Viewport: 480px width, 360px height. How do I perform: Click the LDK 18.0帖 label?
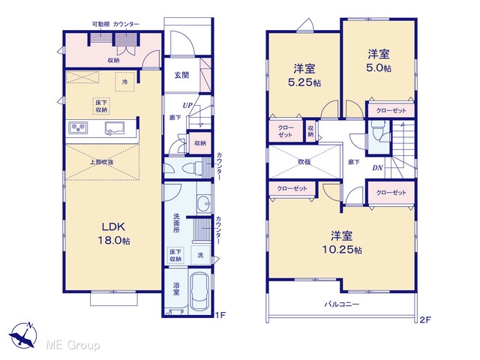point(113,233)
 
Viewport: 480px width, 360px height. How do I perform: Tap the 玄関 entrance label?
point(181,75)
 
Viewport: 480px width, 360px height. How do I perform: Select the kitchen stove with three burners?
point(78,127)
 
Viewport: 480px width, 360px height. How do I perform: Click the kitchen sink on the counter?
point(114,128)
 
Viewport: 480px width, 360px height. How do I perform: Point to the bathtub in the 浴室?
point(199,291)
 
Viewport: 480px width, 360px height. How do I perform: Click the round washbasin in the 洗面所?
point(203,203)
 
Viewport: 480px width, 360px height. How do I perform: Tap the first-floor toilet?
point(192,168)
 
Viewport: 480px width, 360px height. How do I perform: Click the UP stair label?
point(187,106)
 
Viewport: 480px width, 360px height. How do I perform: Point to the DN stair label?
point(378,168)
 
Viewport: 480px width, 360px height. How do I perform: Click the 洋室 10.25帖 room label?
point(342,243)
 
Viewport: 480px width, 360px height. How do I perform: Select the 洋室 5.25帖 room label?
point(304,75)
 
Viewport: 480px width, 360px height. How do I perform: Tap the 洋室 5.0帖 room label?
point(379,61)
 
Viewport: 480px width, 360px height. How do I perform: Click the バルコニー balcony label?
point(342,304)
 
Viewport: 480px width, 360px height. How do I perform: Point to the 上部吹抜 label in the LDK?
point(101,162)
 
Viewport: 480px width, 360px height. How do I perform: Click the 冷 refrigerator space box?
point(125,82)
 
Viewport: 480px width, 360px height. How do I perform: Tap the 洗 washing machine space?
point(201,255)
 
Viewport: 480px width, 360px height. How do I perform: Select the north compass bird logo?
point(23,335)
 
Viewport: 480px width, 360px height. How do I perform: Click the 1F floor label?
point(220,315)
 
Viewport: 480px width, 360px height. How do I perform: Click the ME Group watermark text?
point(73,346)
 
